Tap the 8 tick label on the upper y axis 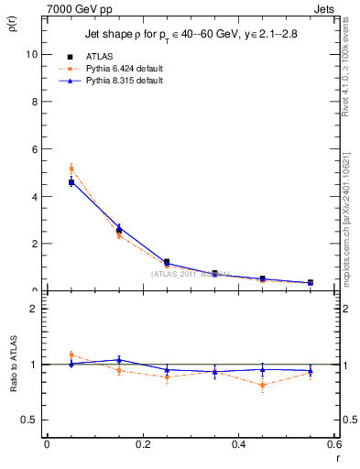tap(33, 102)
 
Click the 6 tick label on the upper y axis tap(33, 149)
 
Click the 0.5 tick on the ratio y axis tap(29, 420)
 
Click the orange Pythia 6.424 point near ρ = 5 tap(71, 168)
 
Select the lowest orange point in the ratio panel tap(263, 386)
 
